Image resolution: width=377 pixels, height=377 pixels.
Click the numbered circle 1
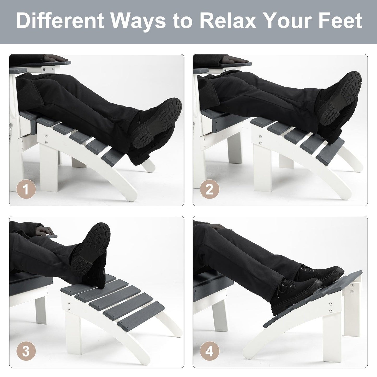[26, 189]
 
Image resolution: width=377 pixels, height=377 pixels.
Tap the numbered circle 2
[210, 189]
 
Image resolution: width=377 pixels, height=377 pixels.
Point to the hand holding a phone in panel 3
[45, 231]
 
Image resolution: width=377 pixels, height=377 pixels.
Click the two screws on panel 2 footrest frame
[260, 140]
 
